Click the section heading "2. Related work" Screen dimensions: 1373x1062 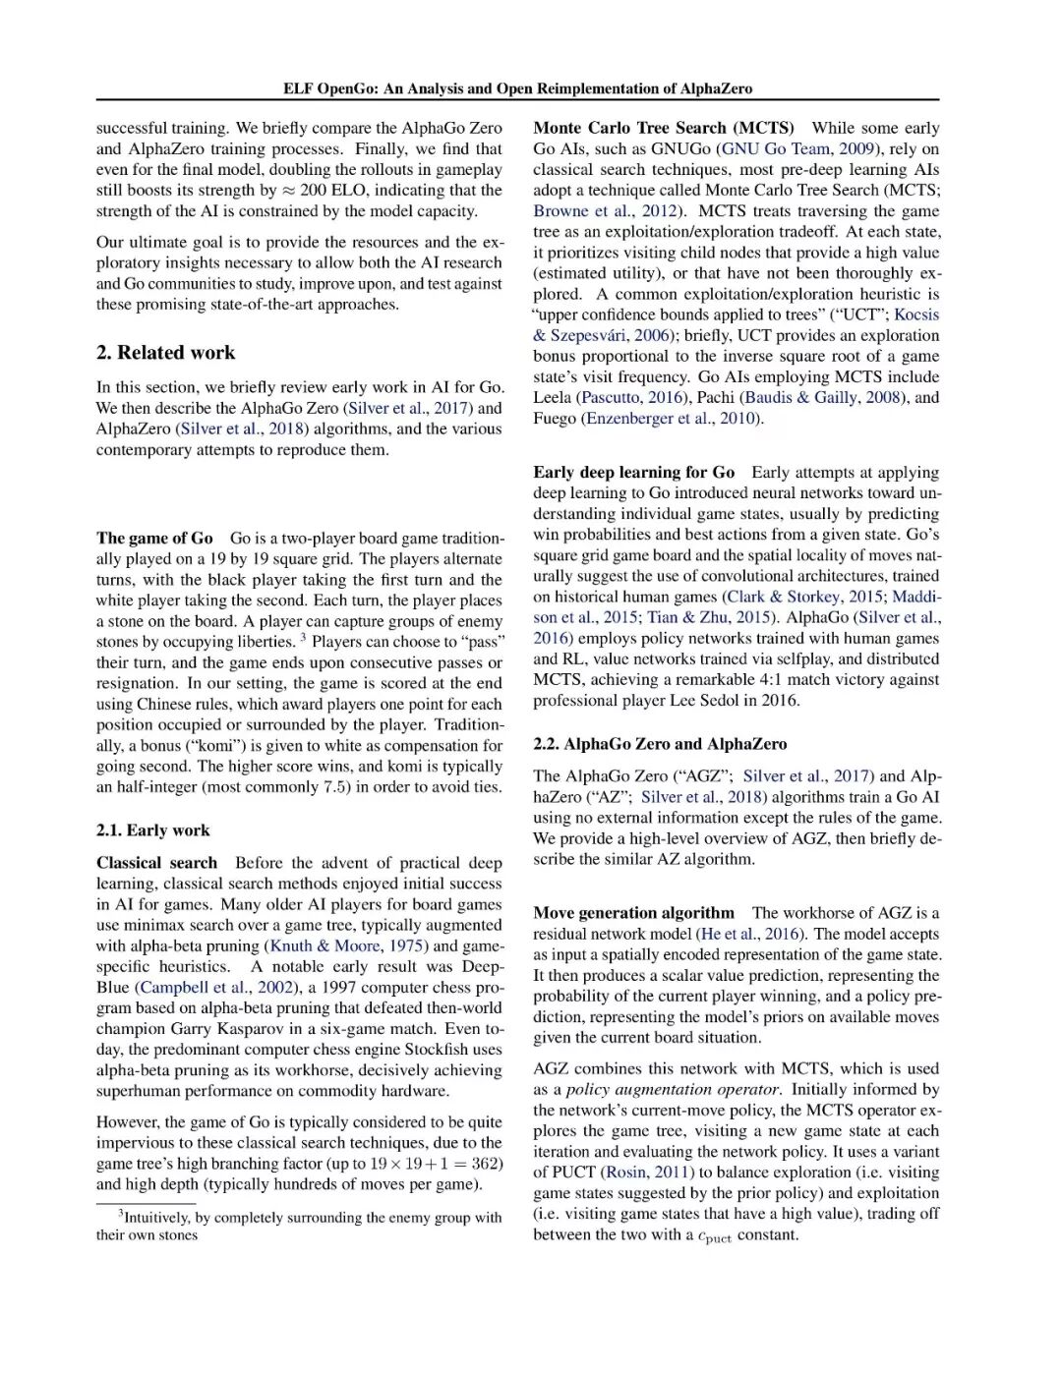click(x=165, y=353)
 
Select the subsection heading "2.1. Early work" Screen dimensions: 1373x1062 click(x=152, y=830)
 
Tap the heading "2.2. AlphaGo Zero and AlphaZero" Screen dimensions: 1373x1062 click(x=660, y=744)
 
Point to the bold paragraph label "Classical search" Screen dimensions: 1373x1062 click(x=156, y=863)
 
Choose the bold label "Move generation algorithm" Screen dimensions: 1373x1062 click(x=633, y=913)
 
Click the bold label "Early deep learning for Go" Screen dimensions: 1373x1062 click(x=633, y=473)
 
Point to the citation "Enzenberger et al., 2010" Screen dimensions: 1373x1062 click(x=673, y=418)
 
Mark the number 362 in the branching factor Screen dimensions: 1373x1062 click(x=485, y=1164)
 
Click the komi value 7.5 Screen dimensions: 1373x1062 click(x=335, y=786)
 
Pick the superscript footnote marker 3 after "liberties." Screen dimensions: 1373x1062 click(x=304, y=638)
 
